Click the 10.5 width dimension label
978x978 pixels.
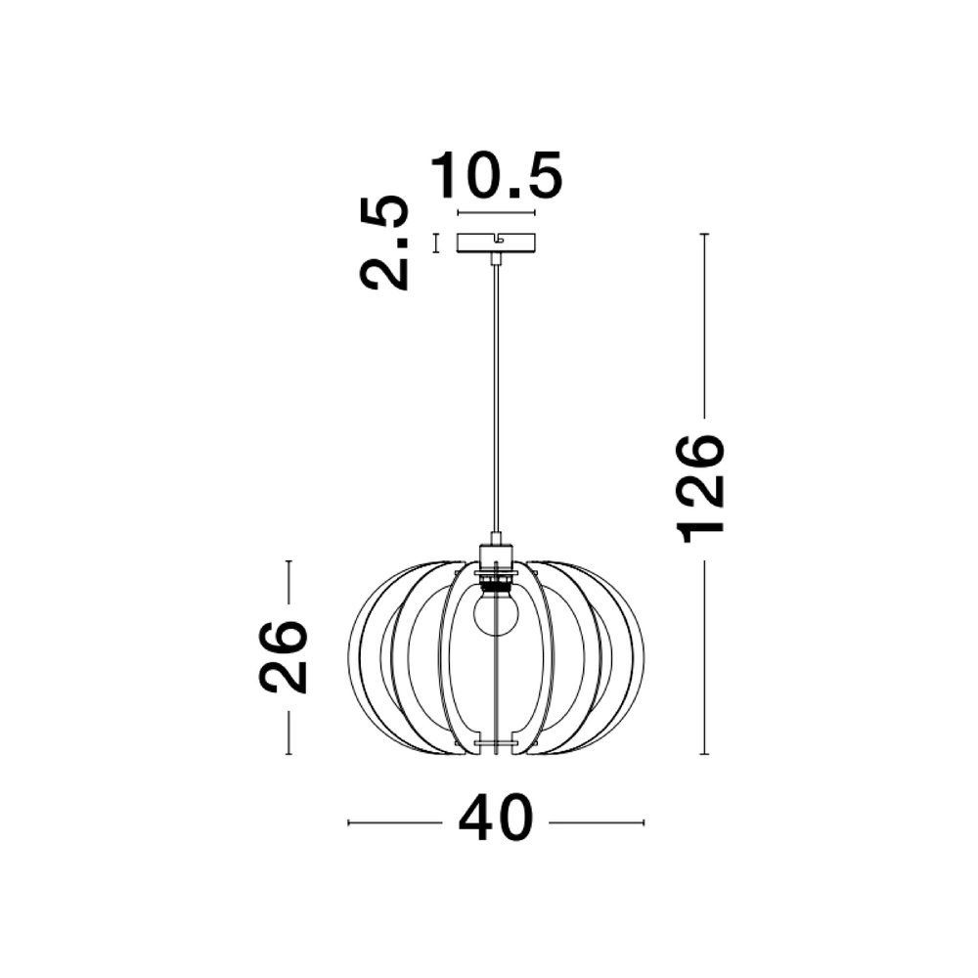497,176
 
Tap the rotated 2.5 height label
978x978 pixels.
383,243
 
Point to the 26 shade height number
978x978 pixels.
284,656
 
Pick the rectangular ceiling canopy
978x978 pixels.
496,242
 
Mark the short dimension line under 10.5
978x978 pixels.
496,212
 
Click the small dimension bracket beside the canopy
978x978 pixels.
436,243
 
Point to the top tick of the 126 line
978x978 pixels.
704,235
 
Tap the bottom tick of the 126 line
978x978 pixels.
704,755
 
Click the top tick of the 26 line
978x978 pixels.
289,561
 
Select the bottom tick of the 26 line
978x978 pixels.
289,754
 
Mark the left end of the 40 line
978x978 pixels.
349,822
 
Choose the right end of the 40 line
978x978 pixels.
643,822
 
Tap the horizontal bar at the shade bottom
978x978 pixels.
496,744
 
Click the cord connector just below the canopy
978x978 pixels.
497,258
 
